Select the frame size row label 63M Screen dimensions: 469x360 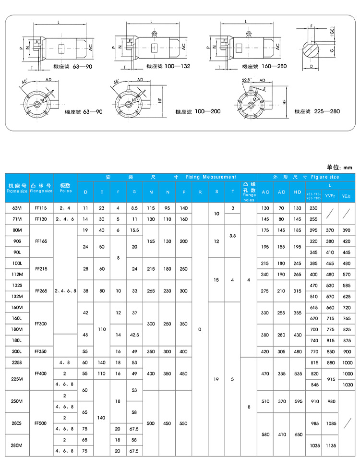(17, 208)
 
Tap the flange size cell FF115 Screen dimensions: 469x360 (41, 208)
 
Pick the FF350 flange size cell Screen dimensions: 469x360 (41, 351)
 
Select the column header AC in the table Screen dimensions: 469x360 (265, 192)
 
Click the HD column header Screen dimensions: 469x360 (297, 192)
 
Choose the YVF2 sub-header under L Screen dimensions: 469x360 (330, 196)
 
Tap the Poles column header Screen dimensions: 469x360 (65, 188)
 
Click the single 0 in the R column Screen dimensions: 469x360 (200, 329)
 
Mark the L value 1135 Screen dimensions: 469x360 (330, 445)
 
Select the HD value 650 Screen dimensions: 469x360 (297, 434)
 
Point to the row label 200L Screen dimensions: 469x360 (17, 351)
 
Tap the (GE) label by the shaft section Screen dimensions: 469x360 (332, 33)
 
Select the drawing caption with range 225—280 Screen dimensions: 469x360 (313, 111)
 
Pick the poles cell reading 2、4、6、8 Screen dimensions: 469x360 (65, 291)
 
